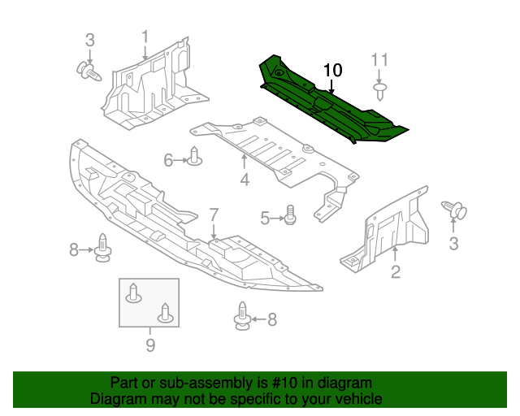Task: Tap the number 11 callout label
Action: pos(380,59)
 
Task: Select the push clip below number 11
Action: pos(379,86)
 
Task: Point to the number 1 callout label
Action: pos(145,37)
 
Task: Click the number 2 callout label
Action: pos(396,272)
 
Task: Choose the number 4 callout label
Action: pos(245,180)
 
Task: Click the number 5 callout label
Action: pos(265,218)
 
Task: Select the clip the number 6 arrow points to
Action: pos(195,157)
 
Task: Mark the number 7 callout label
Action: pos(214,214)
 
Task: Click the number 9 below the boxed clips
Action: pos(150,346)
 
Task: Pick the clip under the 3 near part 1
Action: pos(89,72)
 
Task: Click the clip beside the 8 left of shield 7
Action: pos(102,248)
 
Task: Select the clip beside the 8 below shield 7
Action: pos(242,317)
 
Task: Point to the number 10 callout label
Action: pos(333,70)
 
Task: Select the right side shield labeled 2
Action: pos(390,232)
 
